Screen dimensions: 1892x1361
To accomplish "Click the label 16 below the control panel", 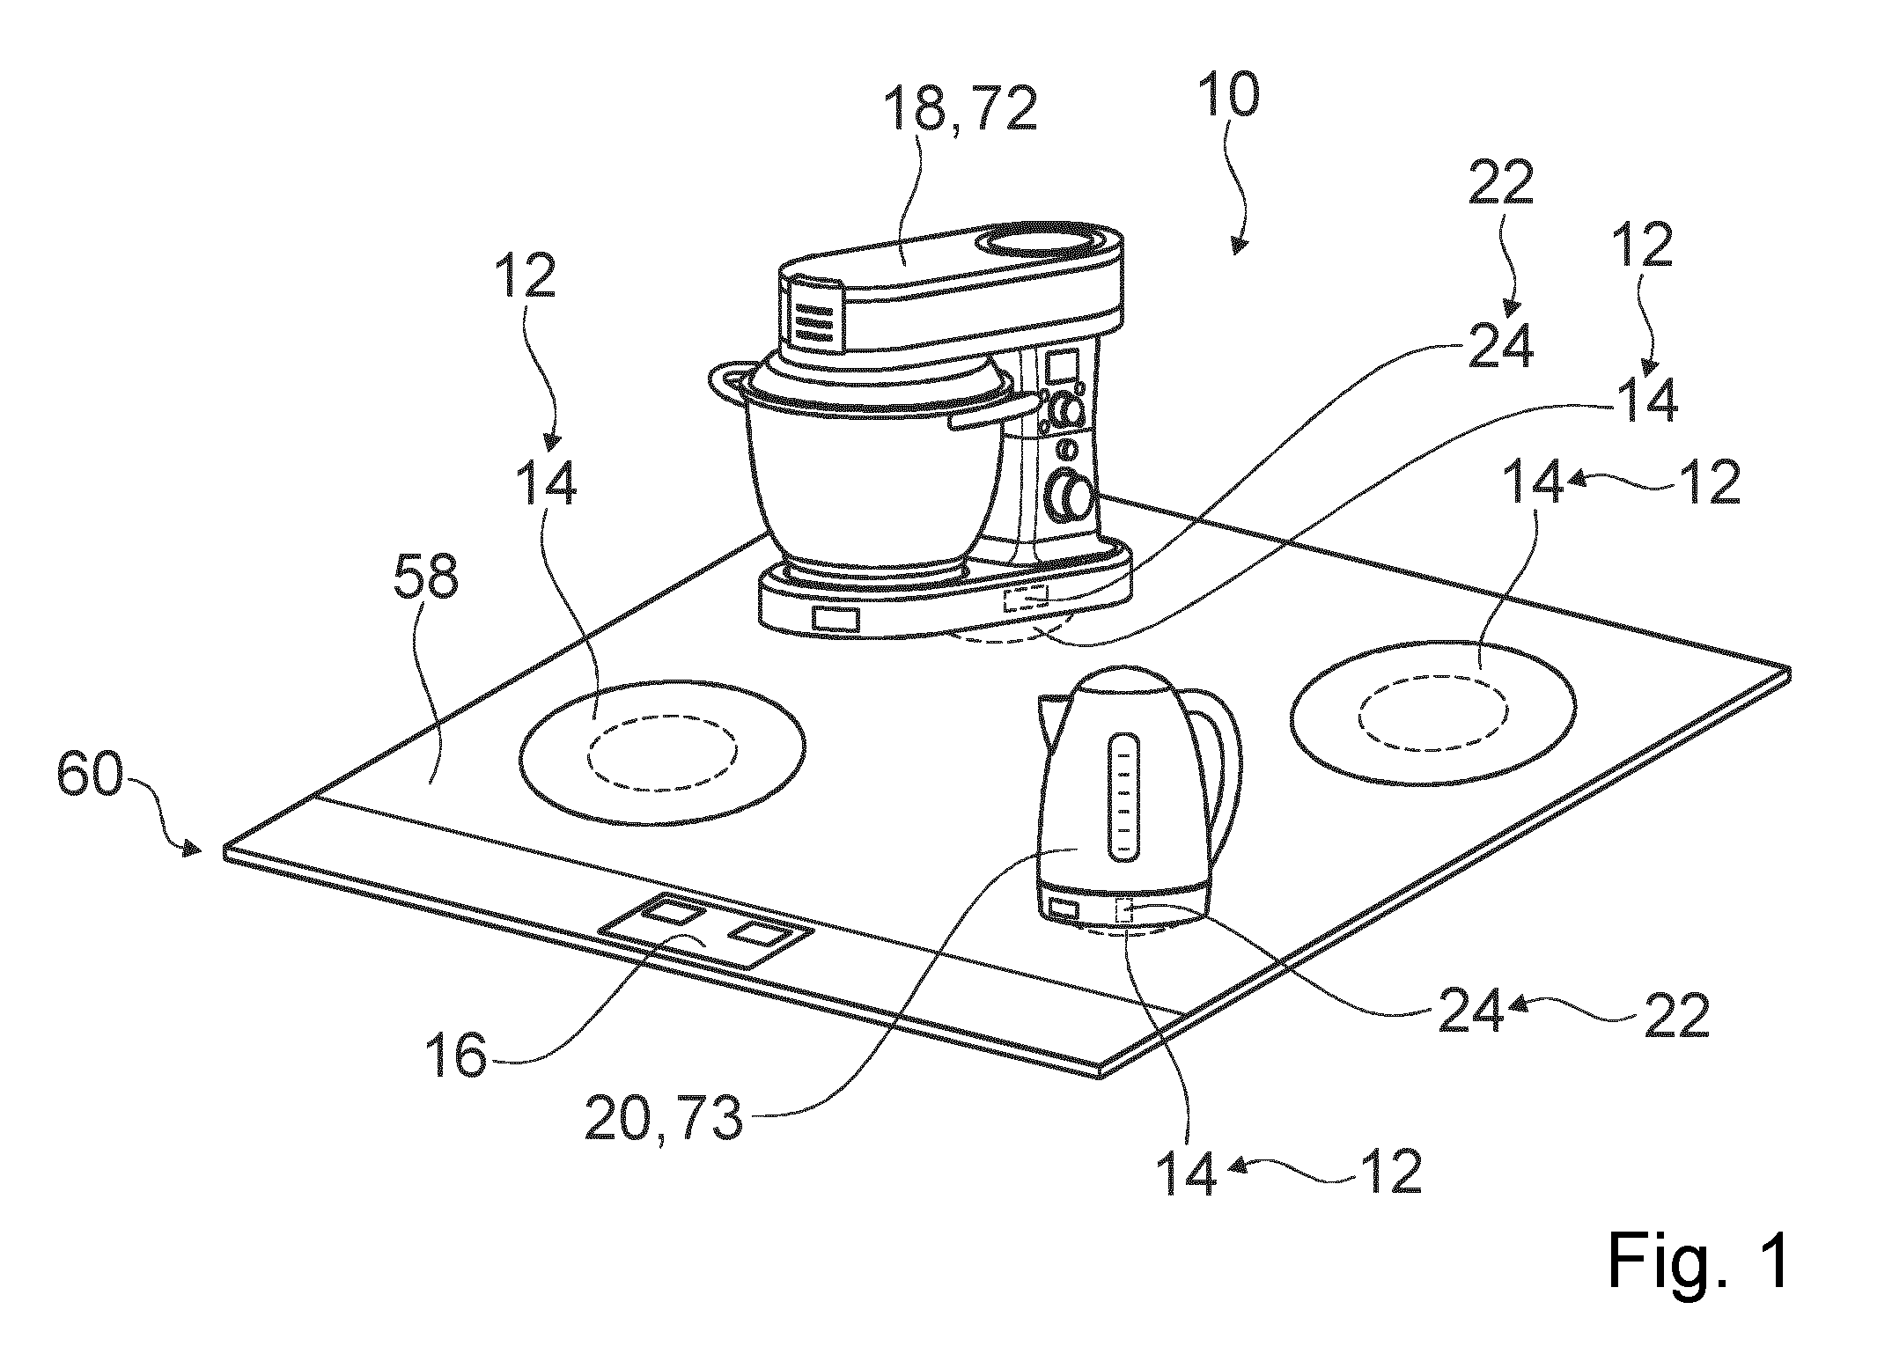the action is point(456,1056).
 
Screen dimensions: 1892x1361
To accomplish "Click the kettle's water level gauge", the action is point(1124,798).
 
